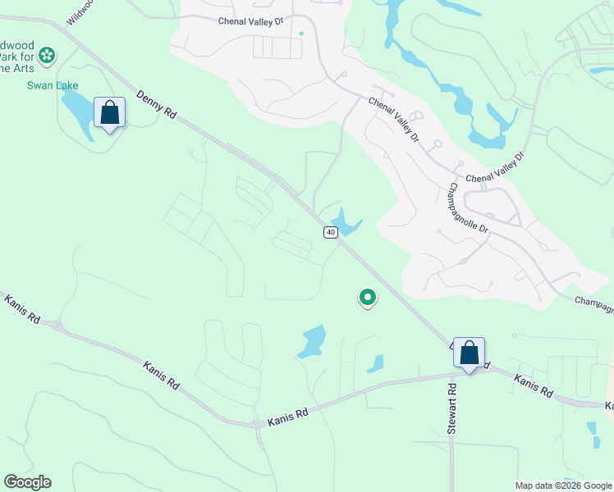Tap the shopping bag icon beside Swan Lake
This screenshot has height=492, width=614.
click(x=109, y=113)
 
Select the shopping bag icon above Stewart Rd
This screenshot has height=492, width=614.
click(x=468, y=353)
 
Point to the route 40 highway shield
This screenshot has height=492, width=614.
click(x=330, y=232)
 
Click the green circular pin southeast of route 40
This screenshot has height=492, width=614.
click(x=368, y=297)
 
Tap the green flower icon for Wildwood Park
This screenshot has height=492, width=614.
click(x=47, y=55)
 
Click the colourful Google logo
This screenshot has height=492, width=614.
click(x=27, y=482)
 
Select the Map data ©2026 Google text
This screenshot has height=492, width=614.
click(x=563, y=485)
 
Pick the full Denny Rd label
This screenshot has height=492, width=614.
click(x=157, y=107)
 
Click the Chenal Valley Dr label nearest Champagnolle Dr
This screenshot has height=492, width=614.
click(x=494, y=169)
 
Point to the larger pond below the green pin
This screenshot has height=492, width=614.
click(x=313, y=340)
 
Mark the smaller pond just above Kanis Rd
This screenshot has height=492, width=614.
click(x=376, y=363)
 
